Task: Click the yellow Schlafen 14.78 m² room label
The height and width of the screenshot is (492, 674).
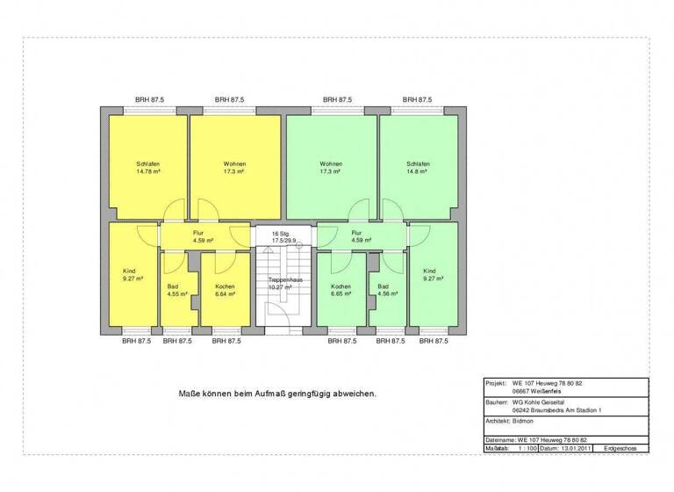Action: pyautogui.click(x=147, y=168)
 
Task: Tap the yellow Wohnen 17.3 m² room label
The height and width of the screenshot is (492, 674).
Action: pyautogui.click(x=234, y=168)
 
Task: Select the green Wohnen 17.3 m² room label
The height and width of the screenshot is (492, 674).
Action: pyautogui.click(x=331, y=168)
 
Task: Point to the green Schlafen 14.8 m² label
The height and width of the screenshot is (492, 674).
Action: pyautogui.click(x=418, y=168)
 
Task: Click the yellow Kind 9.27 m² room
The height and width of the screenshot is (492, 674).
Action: pyautogui.click(x=130, y=275)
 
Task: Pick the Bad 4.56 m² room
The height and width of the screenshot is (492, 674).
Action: pyautogui.click(x=383, y=290)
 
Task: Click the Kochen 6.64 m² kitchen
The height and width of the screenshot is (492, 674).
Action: pyautogui.click(x=225, y=290)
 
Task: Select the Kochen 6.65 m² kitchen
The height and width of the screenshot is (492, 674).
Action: pyautogui.click(x=341, y=290)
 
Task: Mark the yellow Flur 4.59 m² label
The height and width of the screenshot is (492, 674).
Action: pyautogui.click(x=198, y=236)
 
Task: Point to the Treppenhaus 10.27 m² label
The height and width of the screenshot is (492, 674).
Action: pyautogui.click(x=284, y=284)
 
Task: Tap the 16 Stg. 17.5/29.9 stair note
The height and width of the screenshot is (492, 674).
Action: pyautogui.click(x=283, y=236)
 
